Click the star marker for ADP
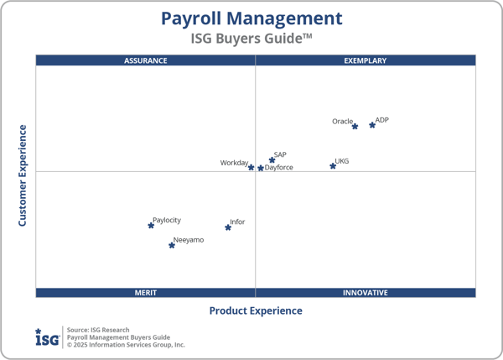pyautogui.click(x=372, y=125)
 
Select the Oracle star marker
pyautogui.click(x=355, y=127)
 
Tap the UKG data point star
pyautogui.click(x=333, y=166)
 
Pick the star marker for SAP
pyautogui.click(x=272, y=160)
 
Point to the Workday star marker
pyautogui.click(x=251, y=168)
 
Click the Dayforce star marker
pyautogui.click(x=261, y=169)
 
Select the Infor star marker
pyautogui.click(x=228, y=227)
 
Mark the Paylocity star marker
pyautogui.click(x=151, y=225)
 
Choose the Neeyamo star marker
pyautogui.click(x=172, y=245)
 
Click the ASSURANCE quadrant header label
pyautogui.click(x=146, y=60)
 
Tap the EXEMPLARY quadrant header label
pyautogui.click(x=366, y=60)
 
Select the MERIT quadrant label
pyautogui.click(x=146, y=293)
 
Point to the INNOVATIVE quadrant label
pyautogui.click(x=366, y=293)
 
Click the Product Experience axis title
pyautogui.click(x=256, y=310)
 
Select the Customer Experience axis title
pyautogui.click(x=23, y=175)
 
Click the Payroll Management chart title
pyautogui.click(x=251, y=18)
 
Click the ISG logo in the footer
pyautogui.click(x=46, y=337)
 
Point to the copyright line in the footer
pyautogui.click(x=126, y=345)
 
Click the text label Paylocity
pyautogui.click(x=167, y=220)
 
